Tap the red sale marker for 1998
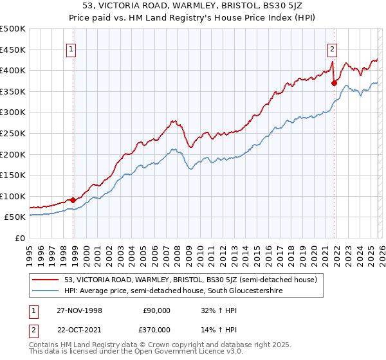pos(73,200)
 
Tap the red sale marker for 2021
pos(334,82)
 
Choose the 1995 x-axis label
pos(30,253)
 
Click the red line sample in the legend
pos(46,280)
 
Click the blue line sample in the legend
pos(46,291)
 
